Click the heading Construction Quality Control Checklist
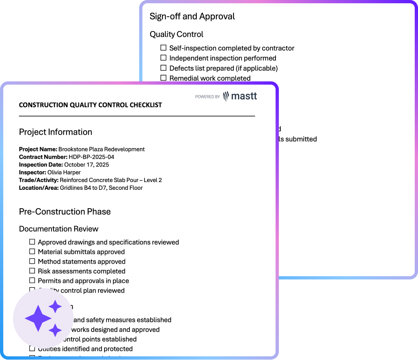click(90, 105)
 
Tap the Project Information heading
click(56, 132)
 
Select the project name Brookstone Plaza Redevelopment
click(101, 149)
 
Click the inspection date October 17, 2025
click(87, 164)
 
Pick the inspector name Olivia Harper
click(64, 172)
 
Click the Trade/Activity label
click(39, 180)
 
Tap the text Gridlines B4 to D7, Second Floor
click(101, 188)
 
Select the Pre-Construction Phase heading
click(65, 211)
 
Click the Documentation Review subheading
click(59, 229)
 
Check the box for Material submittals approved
click(32, 251)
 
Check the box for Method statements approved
click(32, 261)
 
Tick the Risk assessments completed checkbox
click(32, 271)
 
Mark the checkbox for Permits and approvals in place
click(32, 280)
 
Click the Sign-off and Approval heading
click(192, 16)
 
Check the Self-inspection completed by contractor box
click(164, 48)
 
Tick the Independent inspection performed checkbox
click(164, 58)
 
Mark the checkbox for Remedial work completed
click(164, 78)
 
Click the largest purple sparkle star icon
click(38, 318)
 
